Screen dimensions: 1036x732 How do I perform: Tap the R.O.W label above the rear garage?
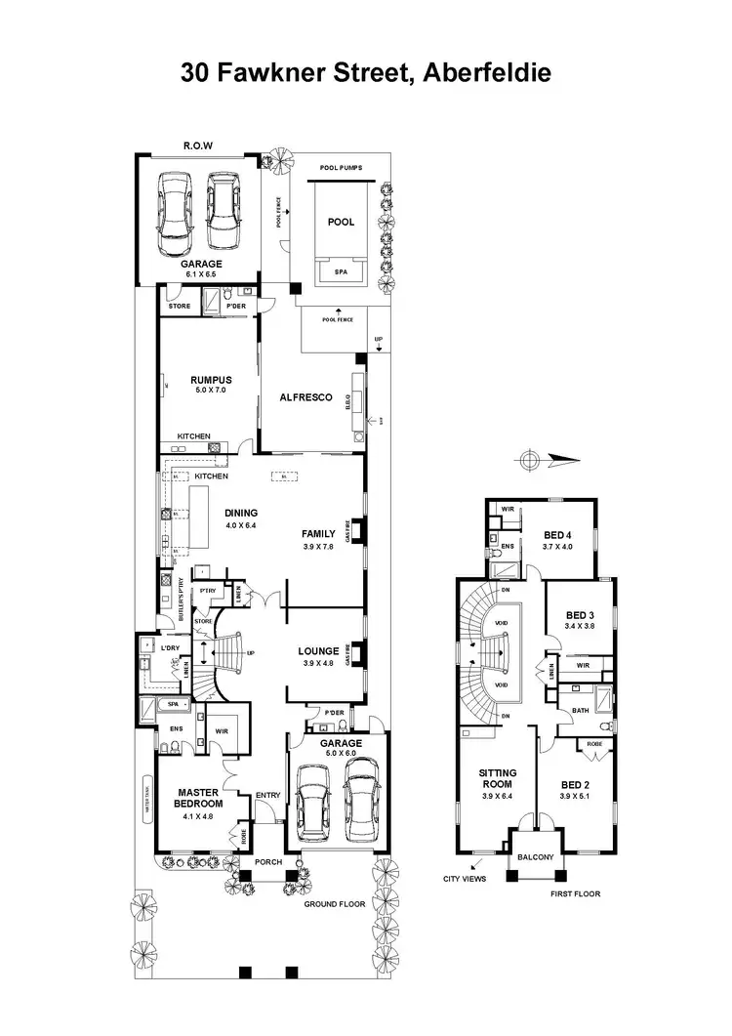[x=198, y=147]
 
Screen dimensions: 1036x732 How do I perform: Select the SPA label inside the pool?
[x=341, y=272]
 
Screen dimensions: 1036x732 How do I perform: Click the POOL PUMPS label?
[x=341, y=168]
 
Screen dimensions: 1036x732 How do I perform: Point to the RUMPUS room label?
[x=208, y=379]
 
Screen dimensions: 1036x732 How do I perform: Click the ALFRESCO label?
[x=307, y=397]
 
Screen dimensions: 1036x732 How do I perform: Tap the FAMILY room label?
[x=318, y=534]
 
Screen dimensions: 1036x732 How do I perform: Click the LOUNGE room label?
[x=319, y=650]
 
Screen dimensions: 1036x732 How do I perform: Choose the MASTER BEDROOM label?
[x=199, y=797]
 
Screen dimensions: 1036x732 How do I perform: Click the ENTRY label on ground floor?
[x=267, y=795]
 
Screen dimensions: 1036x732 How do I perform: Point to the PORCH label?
[x=267, y=862]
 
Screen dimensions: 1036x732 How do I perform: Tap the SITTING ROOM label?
[x=498, y=778]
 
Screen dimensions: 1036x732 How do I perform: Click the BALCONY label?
[x=536, y=857]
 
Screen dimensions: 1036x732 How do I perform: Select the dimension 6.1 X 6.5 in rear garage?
[x=201, y=275]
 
